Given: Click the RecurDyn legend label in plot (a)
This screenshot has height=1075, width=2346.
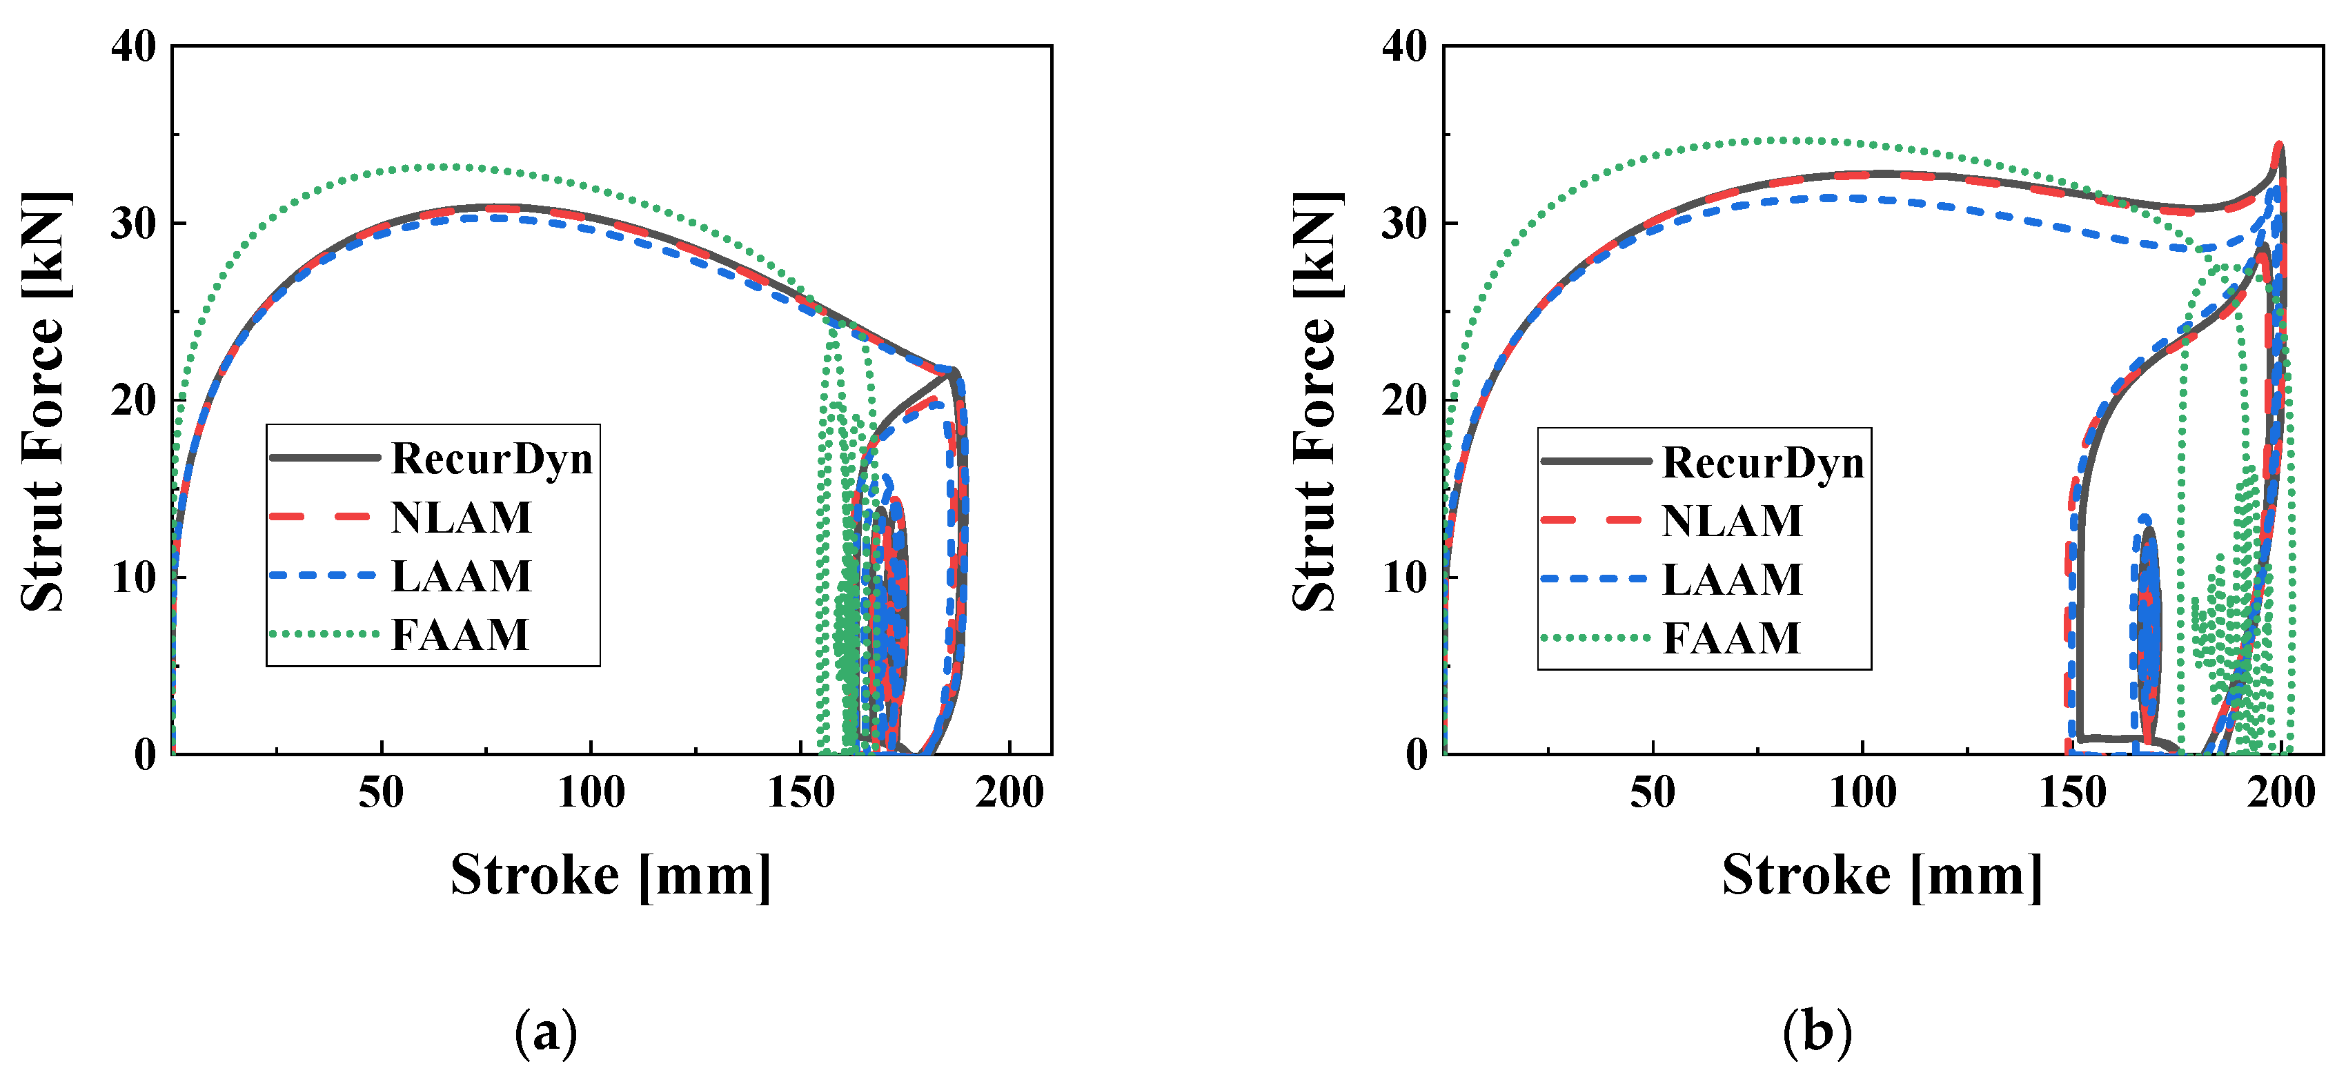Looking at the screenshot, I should [x=492, y=458].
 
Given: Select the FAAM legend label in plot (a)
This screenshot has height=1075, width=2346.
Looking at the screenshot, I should [x=460, y=635].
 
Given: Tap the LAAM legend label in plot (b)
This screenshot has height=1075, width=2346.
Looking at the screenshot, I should [x=1732, y=580].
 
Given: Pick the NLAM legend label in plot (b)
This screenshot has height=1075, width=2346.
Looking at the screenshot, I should [x=1732, y=521].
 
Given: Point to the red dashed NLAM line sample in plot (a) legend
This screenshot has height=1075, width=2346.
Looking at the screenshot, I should [x=324, y=517].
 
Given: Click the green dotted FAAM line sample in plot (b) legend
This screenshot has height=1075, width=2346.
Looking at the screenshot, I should [x=1595, y=638].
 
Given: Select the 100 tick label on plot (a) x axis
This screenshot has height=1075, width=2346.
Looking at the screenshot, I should [x=591, y=793].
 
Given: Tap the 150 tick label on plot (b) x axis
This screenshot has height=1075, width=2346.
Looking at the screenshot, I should [x=2072, y=793].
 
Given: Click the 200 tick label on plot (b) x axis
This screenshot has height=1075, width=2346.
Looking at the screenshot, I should [x=2280, y=793].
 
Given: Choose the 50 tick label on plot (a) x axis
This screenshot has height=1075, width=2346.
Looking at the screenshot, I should [x=381, y=793].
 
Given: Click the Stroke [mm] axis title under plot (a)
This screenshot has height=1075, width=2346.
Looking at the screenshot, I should [x=610, y=876].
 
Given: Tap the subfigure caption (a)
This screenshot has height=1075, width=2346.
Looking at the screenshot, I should [x=546, y=1033].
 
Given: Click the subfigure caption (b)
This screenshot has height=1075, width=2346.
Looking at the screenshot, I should [x=1817, y=1033].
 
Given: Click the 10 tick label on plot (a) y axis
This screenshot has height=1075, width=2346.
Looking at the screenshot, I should [x=134, y=578].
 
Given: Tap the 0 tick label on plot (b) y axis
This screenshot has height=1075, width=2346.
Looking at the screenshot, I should [x=1416, y=754].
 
